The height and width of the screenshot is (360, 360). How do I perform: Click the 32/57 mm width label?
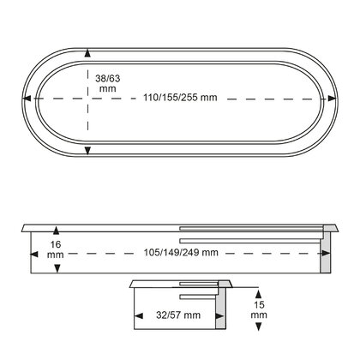pos(179,315)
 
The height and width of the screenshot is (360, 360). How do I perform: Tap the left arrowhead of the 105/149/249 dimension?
pos(35,253)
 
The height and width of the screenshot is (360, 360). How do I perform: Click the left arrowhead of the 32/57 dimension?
pos(137,315)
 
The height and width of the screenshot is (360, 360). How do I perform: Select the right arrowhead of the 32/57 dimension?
pos(216,315)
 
